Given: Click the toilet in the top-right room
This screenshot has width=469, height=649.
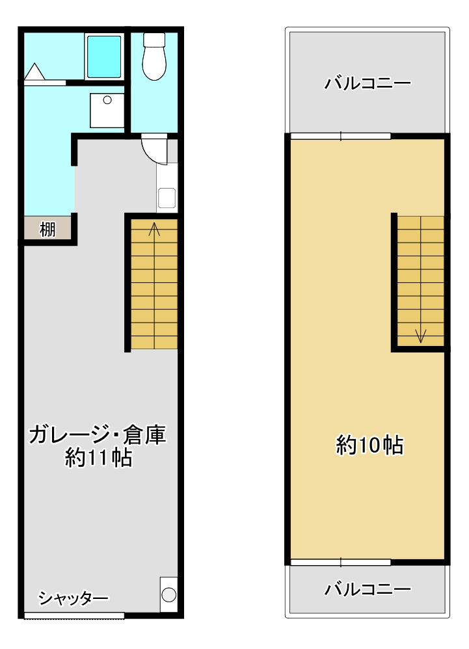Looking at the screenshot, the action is click(x=154, y=57).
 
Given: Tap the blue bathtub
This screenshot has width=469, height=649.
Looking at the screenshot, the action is click(x=104, y=57).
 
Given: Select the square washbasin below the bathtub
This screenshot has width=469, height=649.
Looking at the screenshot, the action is click(x=107, y=111).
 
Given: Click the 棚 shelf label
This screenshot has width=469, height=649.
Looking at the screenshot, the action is click(x=47, y=229).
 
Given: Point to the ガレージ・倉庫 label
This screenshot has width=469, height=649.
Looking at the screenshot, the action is click(x=98, y=435).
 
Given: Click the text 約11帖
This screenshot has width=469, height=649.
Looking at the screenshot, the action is click(x=98, y=458).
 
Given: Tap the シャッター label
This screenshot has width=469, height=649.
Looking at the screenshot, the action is click(x=74, y=598).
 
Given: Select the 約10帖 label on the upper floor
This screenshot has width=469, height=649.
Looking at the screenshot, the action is click(x=369, y=445).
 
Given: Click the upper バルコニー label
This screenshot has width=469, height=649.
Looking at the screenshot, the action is click(x=368, y=83).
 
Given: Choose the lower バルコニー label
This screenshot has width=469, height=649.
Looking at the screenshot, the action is click(x=368, y=589).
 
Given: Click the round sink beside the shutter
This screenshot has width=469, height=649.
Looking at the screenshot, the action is click(x=168, y=595).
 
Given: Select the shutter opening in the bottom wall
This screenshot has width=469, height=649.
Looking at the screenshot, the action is click(x=74, y=615).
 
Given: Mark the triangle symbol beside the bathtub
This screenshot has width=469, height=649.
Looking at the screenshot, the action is click(x=34, y=71).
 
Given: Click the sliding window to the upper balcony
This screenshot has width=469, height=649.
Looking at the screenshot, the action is click(x=341, y=136).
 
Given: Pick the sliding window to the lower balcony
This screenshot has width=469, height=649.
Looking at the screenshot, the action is click(x=341, y=562).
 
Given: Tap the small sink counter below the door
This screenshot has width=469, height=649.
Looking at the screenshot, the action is click(x=167, y=188).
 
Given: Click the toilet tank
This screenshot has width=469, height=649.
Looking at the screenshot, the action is click(x=154, y=40).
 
